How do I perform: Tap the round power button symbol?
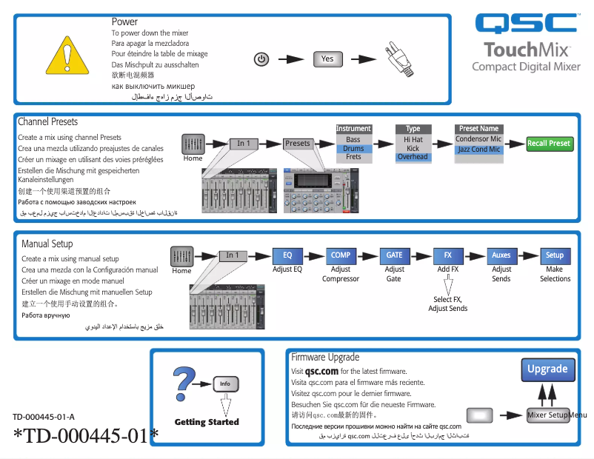click(261, 59)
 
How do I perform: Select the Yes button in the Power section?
click(327, 59)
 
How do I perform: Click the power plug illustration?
click(398, 59)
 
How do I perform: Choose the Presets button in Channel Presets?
click(298, 144)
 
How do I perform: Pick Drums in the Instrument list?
click(353, 149)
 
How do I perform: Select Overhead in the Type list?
click(413, 157)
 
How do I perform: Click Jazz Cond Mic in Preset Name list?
click(478, 150)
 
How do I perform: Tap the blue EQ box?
click(287, 255)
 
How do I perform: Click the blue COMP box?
click(341, 255)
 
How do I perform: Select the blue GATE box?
click(395, 255)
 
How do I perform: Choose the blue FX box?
click(448, 255)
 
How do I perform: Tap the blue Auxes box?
click(501, 255)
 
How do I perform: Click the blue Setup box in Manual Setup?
click(555, 255)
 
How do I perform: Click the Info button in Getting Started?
click(225, 383)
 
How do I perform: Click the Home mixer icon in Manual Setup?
click(182, 256)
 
